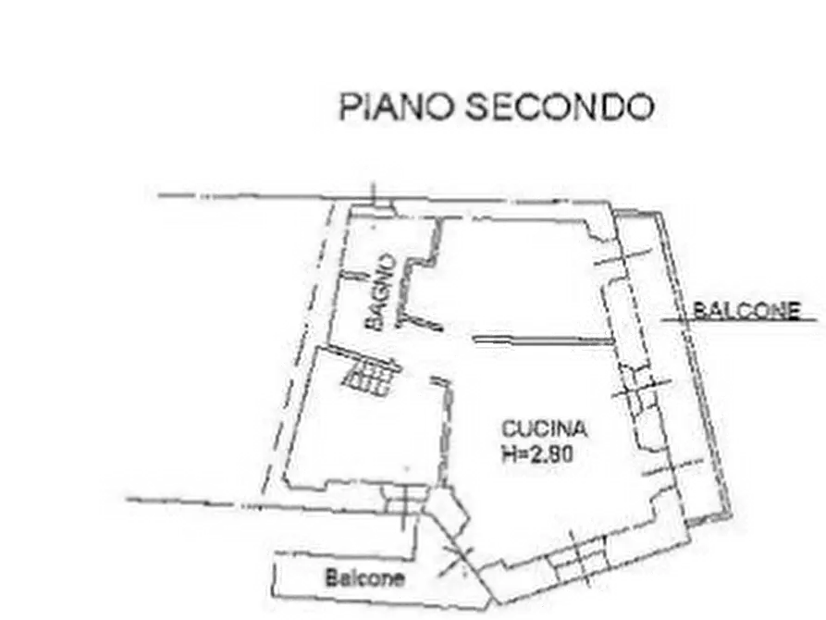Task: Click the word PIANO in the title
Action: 396,106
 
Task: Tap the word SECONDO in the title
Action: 560,106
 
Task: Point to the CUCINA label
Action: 544,428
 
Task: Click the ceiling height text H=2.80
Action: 537,454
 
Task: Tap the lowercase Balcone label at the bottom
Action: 365,578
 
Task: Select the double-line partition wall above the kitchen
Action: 544,341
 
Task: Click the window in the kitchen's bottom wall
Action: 579,558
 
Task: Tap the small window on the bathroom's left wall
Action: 353,275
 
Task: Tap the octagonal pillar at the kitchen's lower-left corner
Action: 447,510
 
